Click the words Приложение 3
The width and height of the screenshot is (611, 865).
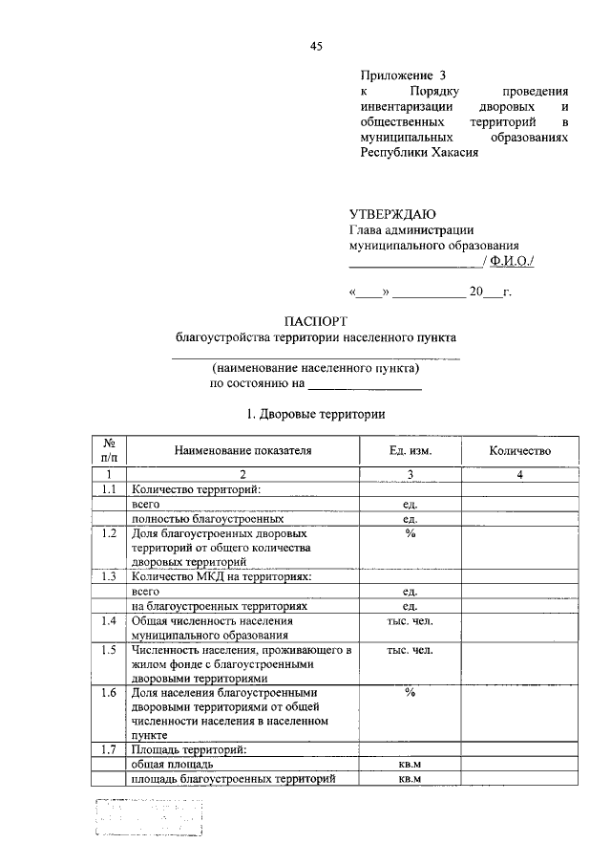click(x=403, y=75)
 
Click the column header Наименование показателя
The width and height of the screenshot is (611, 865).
click(x=242, y=450)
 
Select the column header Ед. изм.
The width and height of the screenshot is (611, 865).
click(x=410, y=450)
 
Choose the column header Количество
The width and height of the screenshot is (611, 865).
click(x=519, y=450)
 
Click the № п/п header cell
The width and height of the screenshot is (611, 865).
click(x=110, y=450)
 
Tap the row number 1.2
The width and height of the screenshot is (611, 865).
click(x=110, y=532)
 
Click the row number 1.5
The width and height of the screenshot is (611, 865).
click(x=110, y=651)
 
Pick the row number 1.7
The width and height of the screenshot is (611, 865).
click(x=110, y=749)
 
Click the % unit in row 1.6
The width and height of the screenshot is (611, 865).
click(x=410, y=692)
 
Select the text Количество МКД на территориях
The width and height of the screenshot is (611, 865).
click(x=222, y=576)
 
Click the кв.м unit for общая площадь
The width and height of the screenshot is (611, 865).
click(x=410, y=765)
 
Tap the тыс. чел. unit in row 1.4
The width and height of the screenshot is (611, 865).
click(x=410, y=621)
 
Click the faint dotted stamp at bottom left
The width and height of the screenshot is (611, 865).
click(x=150, y=818)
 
